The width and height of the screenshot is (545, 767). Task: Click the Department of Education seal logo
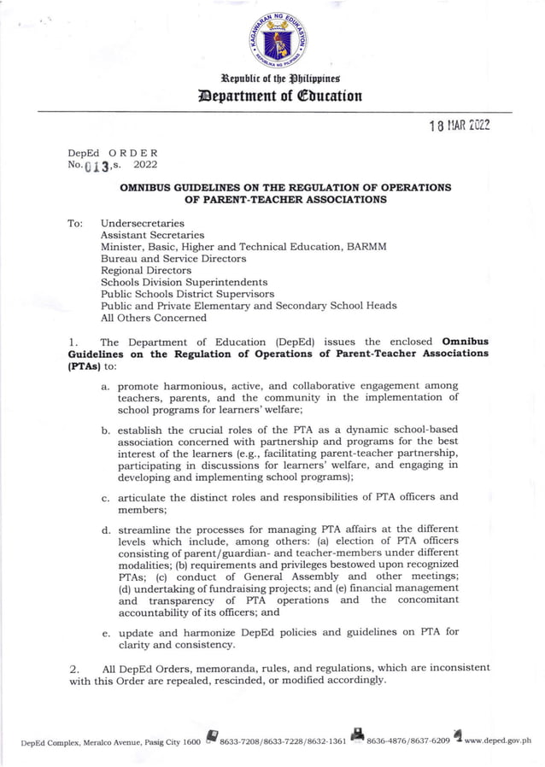(278, 40)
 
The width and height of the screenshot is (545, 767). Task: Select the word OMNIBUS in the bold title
(147, 187)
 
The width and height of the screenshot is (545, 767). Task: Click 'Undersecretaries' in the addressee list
(142, 223)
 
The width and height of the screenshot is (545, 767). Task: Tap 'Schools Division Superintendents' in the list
(184, 282)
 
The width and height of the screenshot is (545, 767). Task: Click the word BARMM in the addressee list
(366, 246)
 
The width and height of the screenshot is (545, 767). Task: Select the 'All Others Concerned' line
(153, 318)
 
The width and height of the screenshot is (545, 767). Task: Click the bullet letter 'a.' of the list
(105, 387)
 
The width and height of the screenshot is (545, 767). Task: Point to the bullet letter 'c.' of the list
(105, 497)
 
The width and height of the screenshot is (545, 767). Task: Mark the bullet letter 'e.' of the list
(105, 633)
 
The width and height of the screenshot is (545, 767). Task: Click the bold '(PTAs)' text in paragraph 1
(85, 366)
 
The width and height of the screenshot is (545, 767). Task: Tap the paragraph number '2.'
(73, 668)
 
